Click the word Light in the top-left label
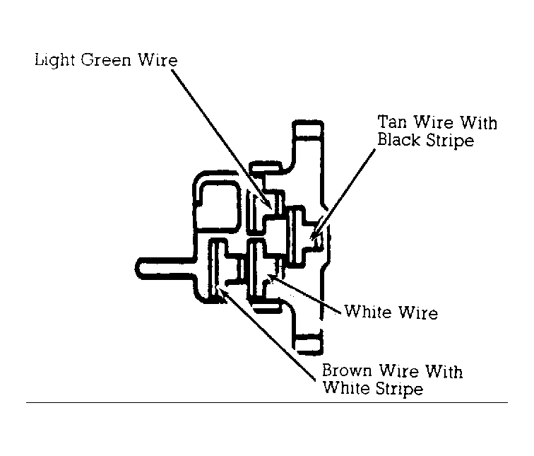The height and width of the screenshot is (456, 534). (54, 61)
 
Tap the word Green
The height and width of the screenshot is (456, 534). (106, 60)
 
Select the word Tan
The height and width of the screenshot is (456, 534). (392, 122)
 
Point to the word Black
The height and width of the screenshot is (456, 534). (398, 139)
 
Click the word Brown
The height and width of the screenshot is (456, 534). (347, 370)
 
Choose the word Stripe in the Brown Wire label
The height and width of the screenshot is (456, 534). (398, 389)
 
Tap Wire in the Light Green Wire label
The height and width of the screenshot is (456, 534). (158, 60)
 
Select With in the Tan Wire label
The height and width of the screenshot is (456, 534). (479, 122)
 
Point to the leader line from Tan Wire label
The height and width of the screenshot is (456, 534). (343, 193)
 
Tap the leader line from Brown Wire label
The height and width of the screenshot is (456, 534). (266, 334)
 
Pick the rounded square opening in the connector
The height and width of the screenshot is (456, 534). (218, 206)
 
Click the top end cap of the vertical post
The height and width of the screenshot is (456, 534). (308, 129)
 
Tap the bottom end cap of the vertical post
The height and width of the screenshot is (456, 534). (308, 344)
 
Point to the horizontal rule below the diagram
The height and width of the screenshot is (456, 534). (267, 402)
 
